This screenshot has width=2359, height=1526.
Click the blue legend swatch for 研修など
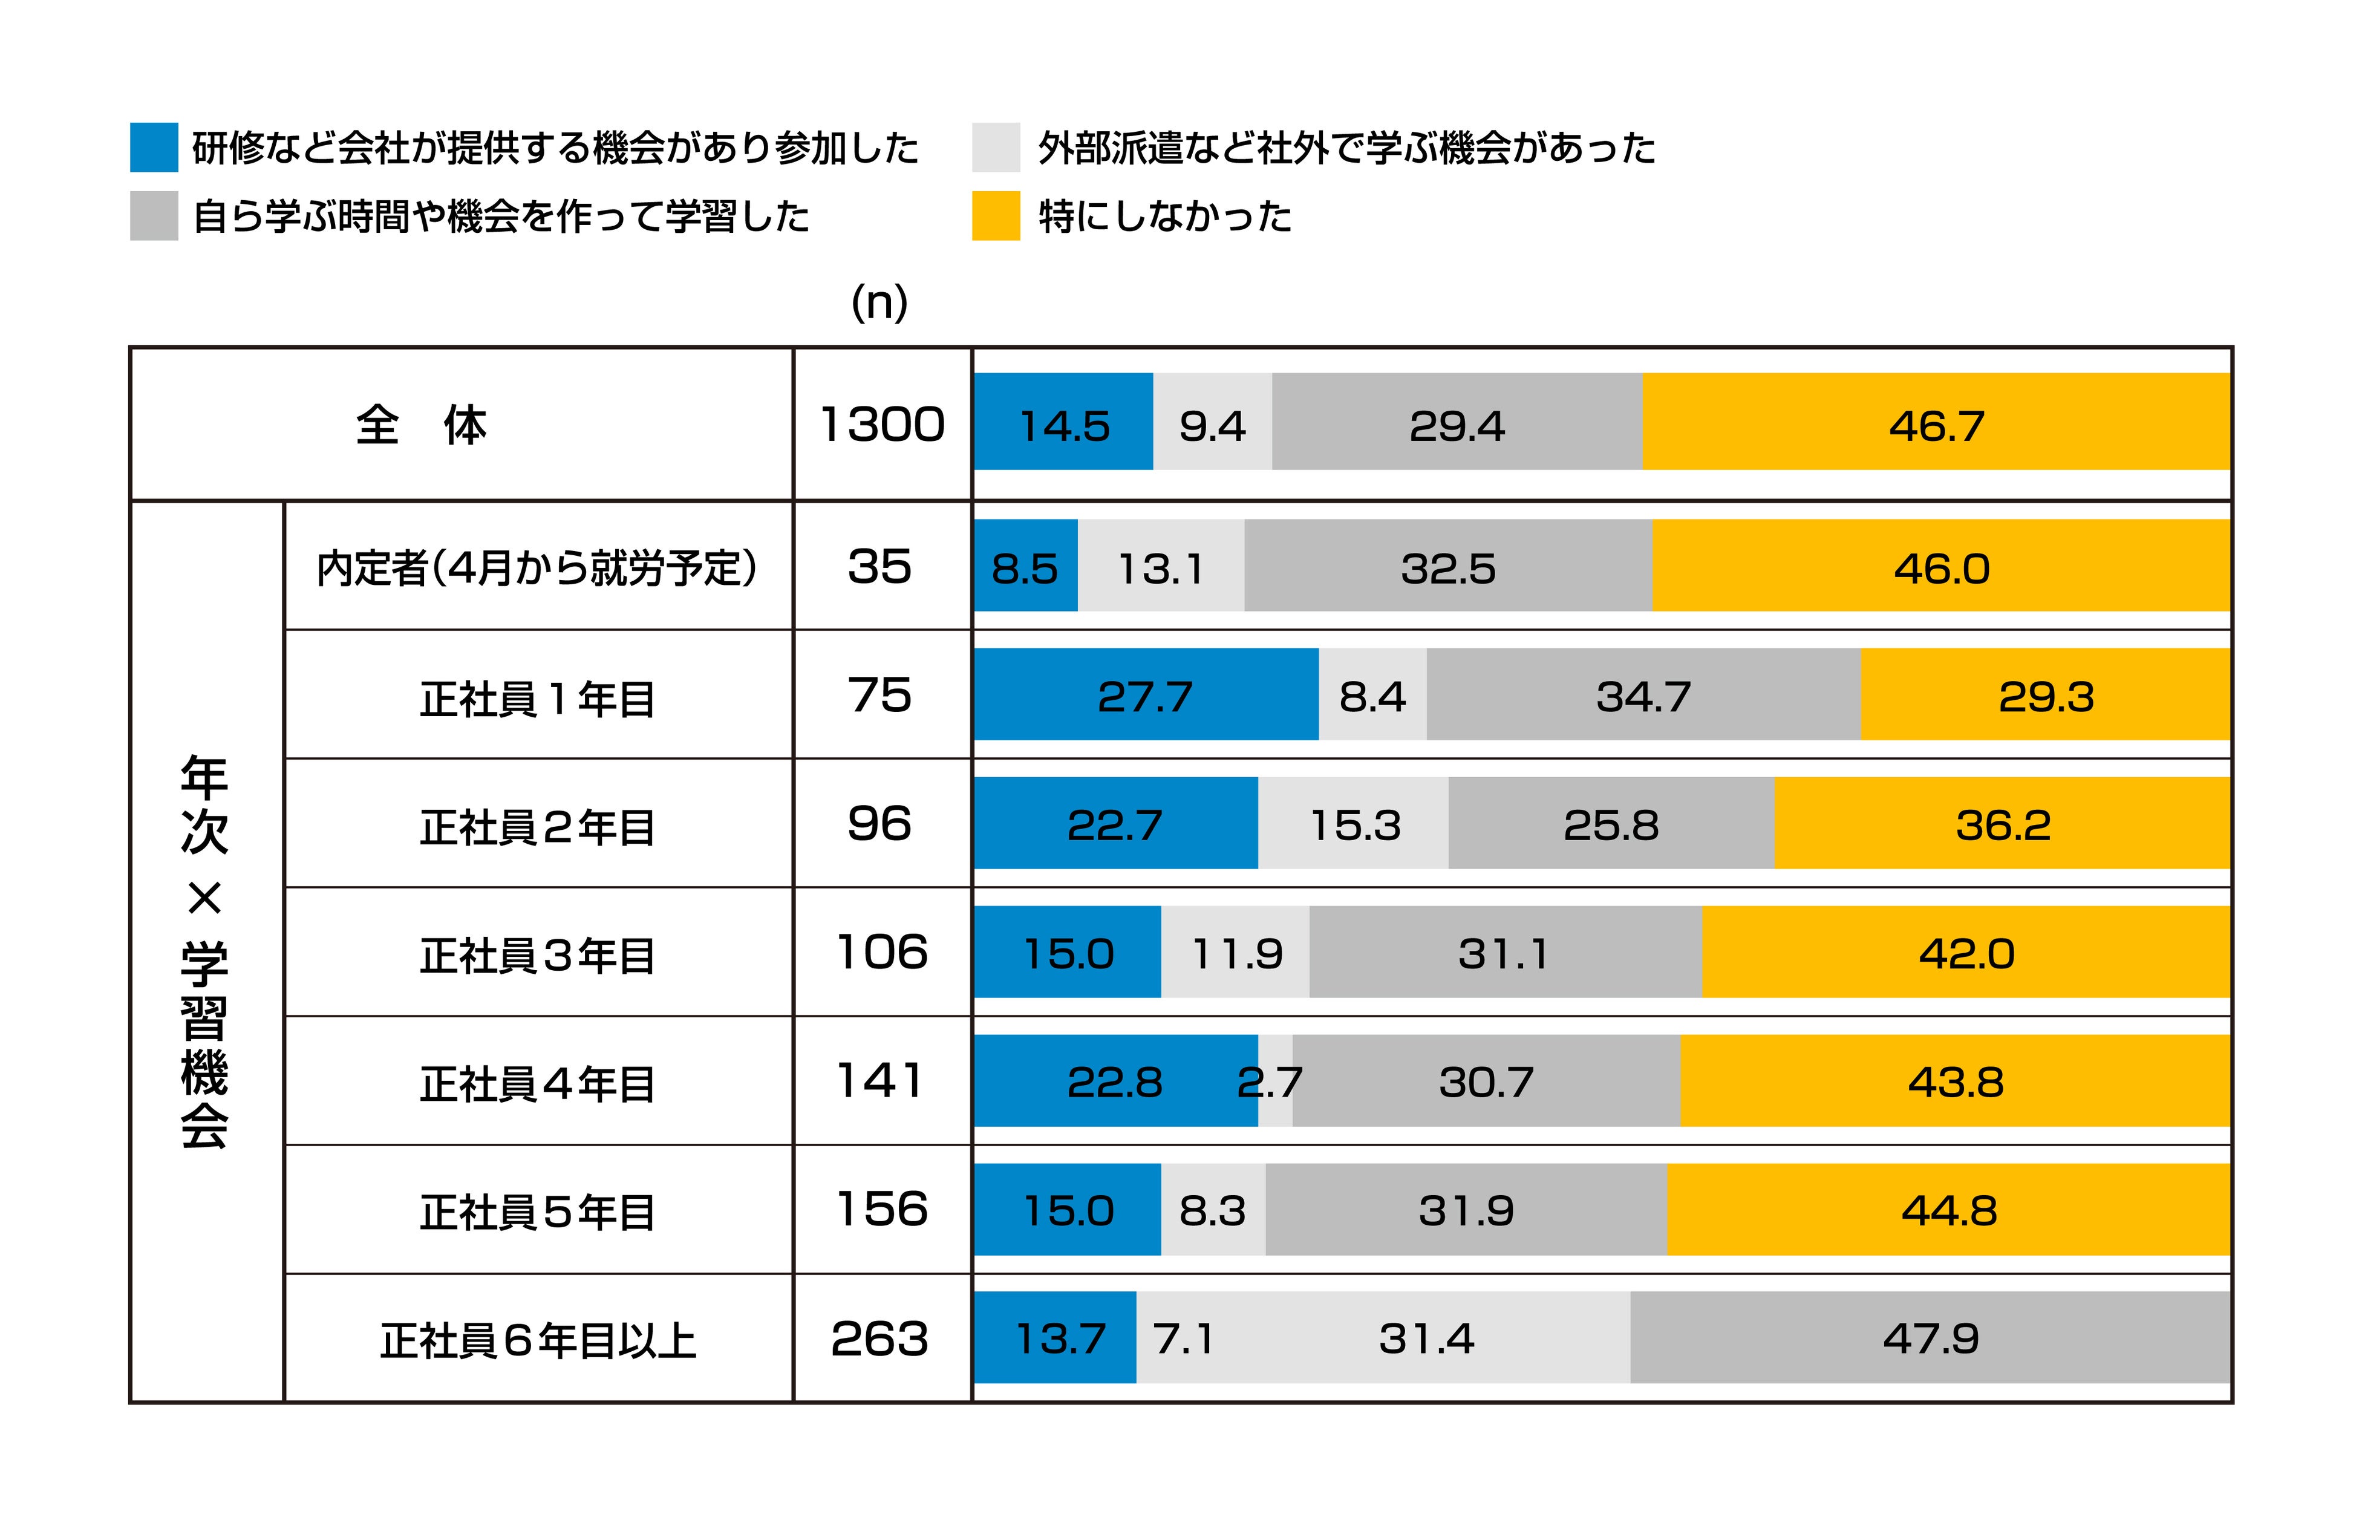pyautogui.click(x=154, y=148)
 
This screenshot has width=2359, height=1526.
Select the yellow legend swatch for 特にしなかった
pyautogui.click(x=995, y=216)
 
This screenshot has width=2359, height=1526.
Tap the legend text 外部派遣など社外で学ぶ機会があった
pyautogui.click(x=1345, y=148)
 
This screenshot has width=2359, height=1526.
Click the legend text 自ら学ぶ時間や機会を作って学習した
pyautogui.click(x=500, y=216)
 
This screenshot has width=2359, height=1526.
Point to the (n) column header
pyautogui.click(x=879, y=302)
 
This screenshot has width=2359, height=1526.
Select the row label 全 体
pyautogui.click(x=421, y=425)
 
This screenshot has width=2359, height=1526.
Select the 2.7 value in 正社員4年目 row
pyautogui.click(x=1272, y=1081)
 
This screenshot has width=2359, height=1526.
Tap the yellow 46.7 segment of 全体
pyautogui.click(x=1935, y=425)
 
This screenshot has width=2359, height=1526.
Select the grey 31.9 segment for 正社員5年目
pyautogui.click(x=1466, y=1210)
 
